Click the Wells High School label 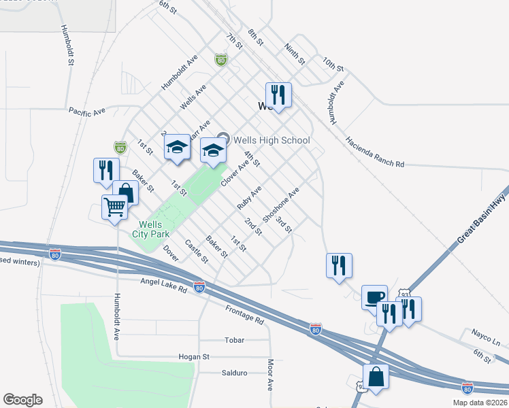point(272,140)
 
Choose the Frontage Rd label point(244,313)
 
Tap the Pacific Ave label point(87,110)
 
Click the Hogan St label point(193,356)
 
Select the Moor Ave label point(270,375)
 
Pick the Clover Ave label point(234,175)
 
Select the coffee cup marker point(374,297)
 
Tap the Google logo point(22,400)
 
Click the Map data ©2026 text point(480,403)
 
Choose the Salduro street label point(233,373)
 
